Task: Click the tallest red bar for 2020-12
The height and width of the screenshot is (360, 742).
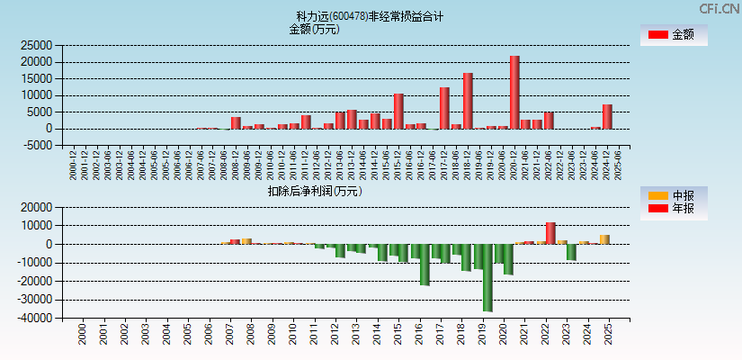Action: [514, 93]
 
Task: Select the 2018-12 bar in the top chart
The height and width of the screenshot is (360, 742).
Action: [468, 101]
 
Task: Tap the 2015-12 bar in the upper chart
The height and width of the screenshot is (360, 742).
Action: [398, 112]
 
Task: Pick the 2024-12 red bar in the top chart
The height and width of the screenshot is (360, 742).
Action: [607, 117]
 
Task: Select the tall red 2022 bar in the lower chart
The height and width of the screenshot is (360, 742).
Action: [550, 233]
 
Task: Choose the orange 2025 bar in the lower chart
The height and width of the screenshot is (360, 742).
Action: [604, 239]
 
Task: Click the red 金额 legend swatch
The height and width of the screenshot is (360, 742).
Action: [657, 35]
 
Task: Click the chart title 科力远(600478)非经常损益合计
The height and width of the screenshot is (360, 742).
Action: [370, 16]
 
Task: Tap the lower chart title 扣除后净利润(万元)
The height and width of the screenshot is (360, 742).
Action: [315, 191]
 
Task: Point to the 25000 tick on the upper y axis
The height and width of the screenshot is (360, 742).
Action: [36, 45]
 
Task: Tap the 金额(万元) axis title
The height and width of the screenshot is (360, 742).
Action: [314, 29]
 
